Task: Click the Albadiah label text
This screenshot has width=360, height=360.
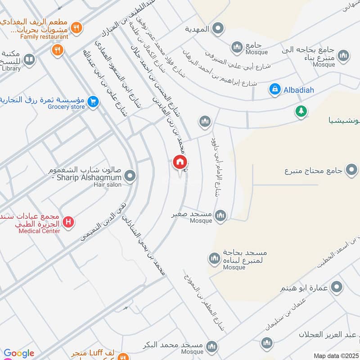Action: click(x=298, y=90)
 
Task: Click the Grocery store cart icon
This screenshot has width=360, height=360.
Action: click(x=93, y=102)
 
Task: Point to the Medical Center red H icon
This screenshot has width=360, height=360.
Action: click(x=68, y=222)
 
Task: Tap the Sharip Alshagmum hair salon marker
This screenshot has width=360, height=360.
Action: click(x=130, y=176)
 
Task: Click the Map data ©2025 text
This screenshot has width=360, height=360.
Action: click(x=336, y=355)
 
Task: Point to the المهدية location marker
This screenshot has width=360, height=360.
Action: click(x=218, y=29)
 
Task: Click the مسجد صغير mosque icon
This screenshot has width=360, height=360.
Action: click(x=220, y=216)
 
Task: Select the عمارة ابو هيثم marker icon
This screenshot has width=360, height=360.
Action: click(x=336, y=287)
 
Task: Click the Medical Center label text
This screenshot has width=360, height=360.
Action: click(x=39, y=231)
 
